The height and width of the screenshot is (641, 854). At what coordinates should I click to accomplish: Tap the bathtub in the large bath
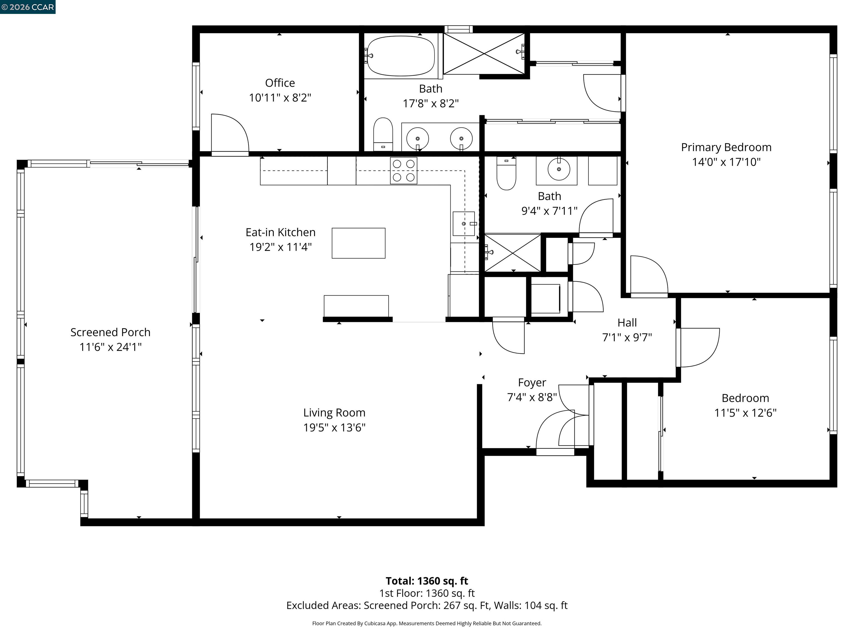click(x=401, y=56)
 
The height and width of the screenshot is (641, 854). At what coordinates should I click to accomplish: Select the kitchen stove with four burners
click(x=403, y=170)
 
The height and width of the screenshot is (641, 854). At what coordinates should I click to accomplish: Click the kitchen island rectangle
click(x=358, y=243)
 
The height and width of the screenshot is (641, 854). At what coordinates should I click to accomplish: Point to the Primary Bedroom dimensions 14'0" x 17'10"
click(x=726, y=162)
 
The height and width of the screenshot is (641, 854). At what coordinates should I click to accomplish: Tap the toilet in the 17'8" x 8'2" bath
click(x=383, y=134)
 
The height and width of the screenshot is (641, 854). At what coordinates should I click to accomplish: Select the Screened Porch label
click(x=110, y=332)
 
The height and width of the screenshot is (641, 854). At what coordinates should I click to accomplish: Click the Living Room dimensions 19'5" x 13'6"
click(x=334, y=427)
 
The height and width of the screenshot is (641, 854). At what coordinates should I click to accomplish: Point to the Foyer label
click(x=532, y=383)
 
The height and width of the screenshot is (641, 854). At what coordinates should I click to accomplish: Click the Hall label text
click(x=627, y=323)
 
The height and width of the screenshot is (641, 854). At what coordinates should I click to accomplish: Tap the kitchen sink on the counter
click(x=464, y=223)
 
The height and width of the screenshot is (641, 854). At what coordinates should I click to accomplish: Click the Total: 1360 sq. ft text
click(x=427, y=581)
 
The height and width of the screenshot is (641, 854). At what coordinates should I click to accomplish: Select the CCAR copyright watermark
click(x=28, y=7)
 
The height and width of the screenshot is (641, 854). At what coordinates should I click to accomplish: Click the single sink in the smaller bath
click(x=559, y=169)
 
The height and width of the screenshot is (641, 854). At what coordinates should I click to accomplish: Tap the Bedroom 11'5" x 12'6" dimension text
click(x=745, y=413)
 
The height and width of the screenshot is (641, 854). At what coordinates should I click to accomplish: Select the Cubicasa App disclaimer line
click(x=427, y=623)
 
